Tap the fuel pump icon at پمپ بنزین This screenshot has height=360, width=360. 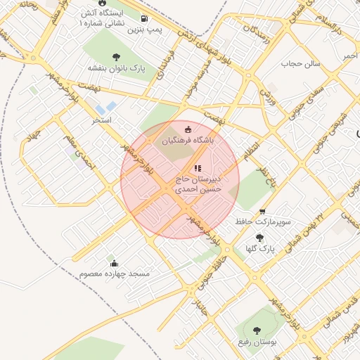(x=144, y=19)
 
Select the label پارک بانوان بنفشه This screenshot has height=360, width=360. (x=115, y=68)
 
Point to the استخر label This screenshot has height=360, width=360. (x=103, y=121)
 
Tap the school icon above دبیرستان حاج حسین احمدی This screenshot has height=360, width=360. (x=198, y=168)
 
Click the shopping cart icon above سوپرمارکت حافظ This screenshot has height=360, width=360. (x=262, y=211)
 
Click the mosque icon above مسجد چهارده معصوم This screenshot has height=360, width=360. (x=114, y=263)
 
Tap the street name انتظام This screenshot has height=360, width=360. (x=251, y=149)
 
